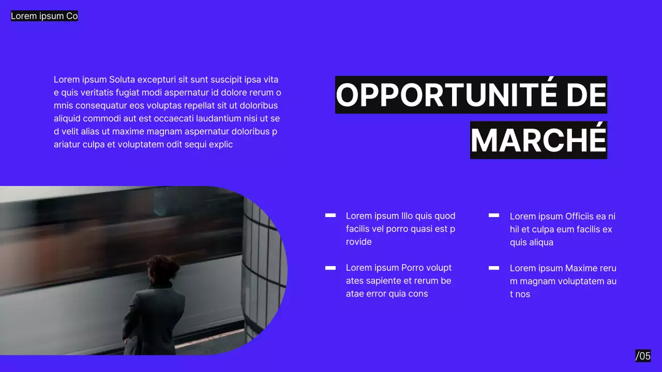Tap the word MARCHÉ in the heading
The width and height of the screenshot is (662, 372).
(538, 140)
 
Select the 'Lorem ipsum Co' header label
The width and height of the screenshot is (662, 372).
(44, 16)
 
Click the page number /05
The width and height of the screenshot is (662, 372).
(643, 355)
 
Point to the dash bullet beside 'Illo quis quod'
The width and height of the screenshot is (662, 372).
(330, 215)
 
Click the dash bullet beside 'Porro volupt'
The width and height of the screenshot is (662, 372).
(330, 268)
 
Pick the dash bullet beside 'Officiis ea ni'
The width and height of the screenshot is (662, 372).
(494, 215)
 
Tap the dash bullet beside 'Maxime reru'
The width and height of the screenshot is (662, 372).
(494, 268)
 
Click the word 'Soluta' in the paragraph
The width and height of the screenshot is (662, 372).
(122, 80)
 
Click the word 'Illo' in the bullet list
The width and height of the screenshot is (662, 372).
(407, 215)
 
